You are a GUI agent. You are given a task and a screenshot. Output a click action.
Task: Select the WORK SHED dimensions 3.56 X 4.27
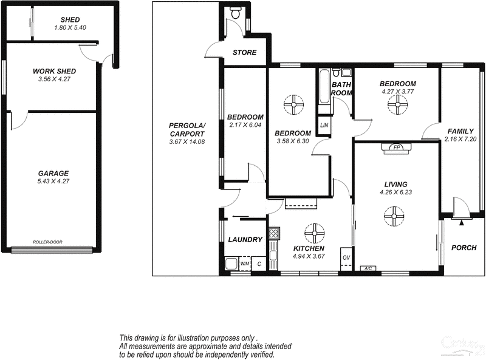pyautogui.click(x=54, y=79)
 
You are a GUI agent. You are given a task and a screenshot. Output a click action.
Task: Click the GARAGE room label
pyautogui.click(x=54, y=173)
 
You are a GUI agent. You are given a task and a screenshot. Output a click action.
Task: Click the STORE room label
pyautogui.click(x=245, y=53)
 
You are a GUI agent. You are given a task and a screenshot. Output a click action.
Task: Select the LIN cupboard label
pyautogui.click(x=324, y=125)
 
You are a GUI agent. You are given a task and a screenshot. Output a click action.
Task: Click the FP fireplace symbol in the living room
pyautogui.click(x=397, y=148)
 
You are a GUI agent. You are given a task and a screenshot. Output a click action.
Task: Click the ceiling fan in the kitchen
pyautogui.click(x=315, y=232)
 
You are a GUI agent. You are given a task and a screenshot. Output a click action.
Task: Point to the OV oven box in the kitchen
pyautogui.click(x=346, y=257)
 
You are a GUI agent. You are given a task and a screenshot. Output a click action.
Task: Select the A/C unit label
pyautogui.click(x=367, y=268)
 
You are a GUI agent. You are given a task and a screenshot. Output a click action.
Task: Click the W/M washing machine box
pyautogui.click(x=245, y=264)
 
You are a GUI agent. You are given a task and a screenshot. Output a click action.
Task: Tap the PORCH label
pyautogui.click(x=464, y=248)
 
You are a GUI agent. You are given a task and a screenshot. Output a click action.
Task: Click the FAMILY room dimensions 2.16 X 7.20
pyautogui.click(x=461, y=140)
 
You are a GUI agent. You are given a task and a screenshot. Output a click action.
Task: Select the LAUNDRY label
pyautogui.click(x=245, y=240)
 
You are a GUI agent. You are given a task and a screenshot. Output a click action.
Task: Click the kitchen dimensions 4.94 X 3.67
pyautogui.click(x=309, y=257)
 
